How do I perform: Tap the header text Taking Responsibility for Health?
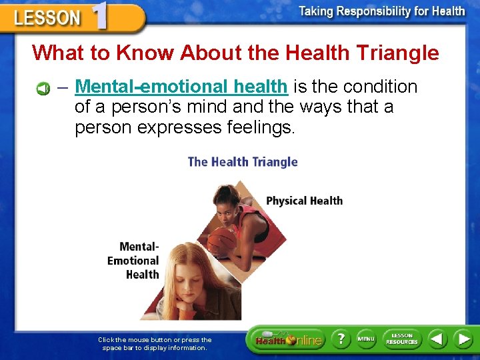pos(381,11)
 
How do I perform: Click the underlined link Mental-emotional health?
pos(181,87)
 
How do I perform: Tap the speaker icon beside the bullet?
pos(43,88)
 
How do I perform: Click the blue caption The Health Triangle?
pos(243,161)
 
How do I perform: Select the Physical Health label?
pos(304,201)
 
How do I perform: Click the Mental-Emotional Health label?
pos(135,261)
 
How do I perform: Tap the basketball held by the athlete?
pos(223,240)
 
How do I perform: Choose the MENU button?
pos(366,339)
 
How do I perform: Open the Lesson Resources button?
pos(402,339)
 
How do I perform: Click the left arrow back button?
pos(437,339)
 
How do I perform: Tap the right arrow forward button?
pos(463,339)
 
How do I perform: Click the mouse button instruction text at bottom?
pos(155,343)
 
